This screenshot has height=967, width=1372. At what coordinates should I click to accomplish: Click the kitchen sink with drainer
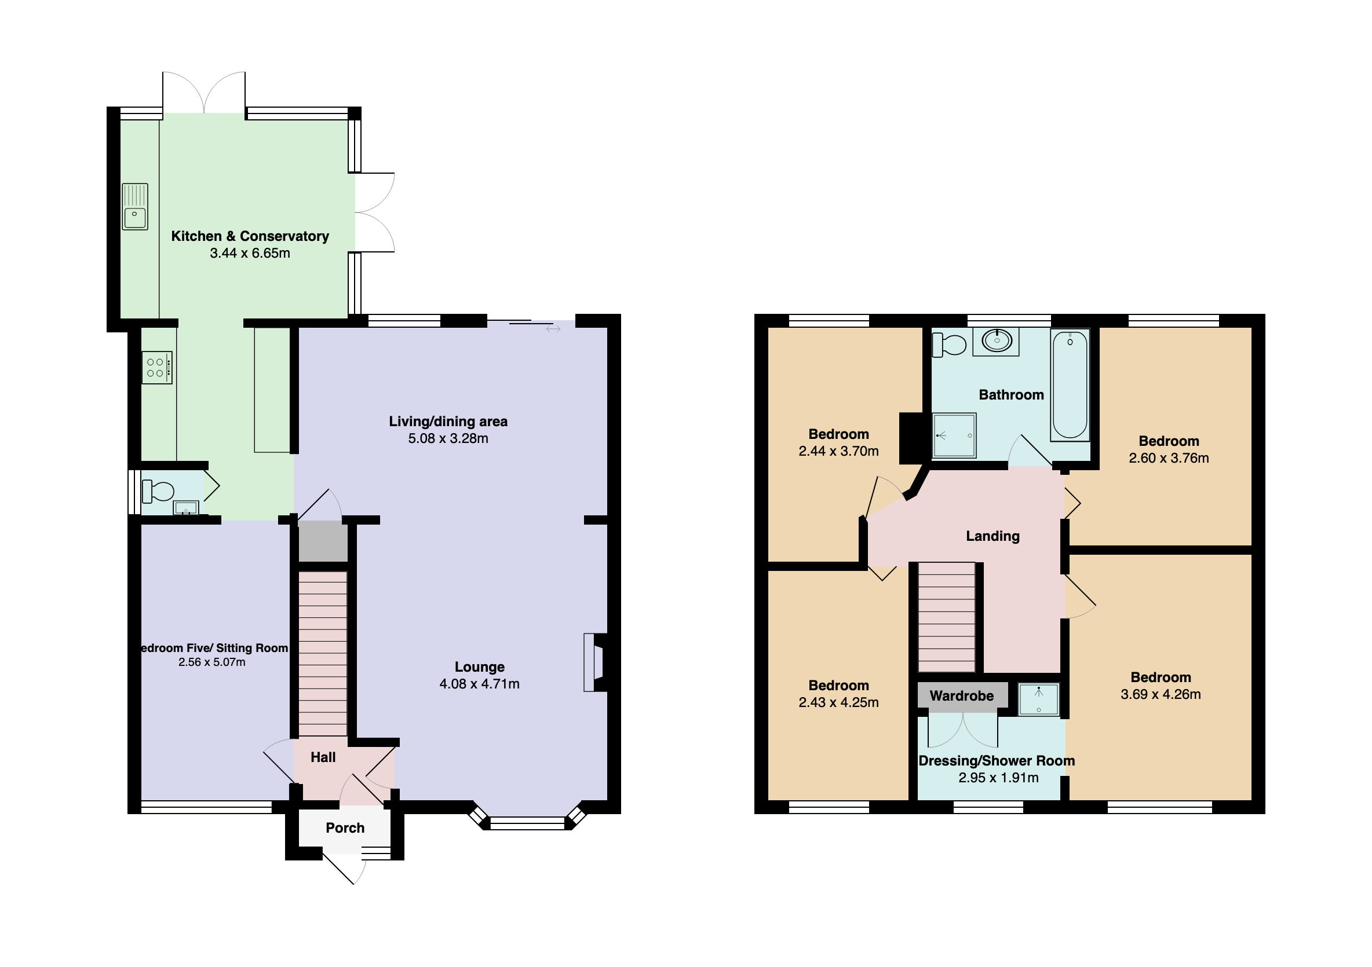tap(134, 207)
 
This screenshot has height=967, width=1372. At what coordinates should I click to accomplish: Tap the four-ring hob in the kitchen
tap(156, 367)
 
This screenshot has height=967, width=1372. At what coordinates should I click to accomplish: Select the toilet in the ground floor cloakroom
tap(158, 492)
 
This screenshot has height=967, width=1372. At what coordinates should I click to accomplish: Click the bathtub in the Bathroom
tap(1070, 385)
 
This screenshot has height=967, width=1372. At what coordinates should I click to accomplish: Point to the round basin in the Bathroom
tap(997, 340)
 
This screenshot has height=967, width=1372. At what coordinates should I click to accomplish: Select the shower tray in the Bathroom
tap(954, 435)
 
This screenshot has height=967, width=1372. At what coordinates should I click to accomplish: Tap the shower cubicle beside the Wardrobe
tap(1039, 699)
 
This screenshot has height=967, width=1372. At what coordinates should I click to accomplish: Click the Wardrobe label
tap(961, 696)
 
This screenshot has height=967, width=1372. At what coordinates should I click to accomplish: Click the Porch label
tap(345, 828)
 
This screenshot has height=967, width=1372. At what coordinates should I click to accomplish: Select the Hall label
tap(323, 757)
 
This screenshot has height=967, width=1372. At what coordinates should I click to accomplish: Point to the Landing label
tap(992, 536)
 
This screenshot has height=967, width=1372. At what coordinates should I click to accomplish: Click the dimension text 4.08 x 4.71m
tap(479, 684)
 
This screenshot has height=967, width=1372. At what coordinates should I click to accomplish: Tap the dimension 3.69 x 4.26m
tap(1161, 694)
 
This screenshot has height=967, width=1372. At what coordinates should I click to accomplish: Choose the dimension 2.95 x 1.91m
tap(998, 778)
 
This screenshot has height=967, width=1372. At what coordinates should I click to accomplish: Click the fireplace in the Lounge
tap(594, 662)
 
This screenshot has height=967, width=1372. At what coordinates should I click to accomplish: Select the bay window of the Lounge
tap(527, 823)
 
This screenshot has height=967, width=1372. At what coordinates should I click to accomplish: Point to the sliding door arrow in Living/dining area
tap(553, 328)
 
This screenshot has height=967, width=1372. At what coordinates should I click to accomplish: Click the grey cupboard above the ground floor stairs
tap(323, 541)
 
